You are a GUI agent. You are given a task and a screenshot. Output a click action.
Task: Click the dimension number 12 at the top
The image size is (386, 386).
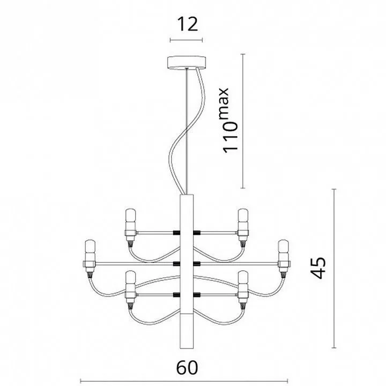click(x=187, y=24)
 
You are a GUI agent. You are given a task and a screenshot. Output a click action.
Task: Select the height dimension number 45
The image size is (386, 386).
click(x=318, y=268)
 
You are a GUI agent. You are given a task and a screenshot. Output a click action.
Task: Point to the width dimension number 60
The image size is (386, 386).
click(x=187, y=368)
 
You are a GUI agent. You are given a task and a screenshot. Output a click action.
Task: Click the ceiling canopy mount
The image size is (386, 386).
click(x=187, y=63)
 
